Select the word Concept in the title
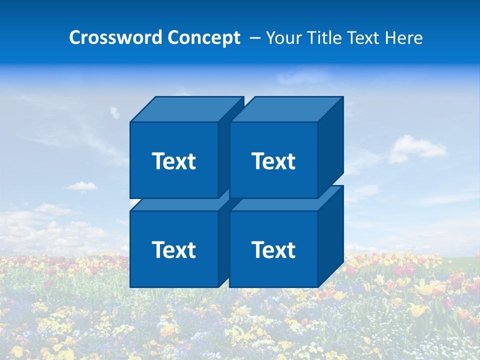204,38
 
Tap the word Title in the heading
324,38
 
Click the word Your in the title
283,38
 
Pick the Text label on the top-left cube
173,161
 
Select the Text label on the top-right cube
273,161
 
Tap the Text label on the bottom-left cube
173,249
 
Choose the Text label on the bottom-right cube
273,249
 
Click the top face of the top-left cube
186,109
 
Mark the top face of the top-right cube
286,109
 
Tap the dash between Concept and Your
254,38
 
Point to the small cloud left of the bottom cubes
81,186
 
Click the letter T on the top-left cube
158,161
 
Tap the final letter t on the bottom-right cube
291,249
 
